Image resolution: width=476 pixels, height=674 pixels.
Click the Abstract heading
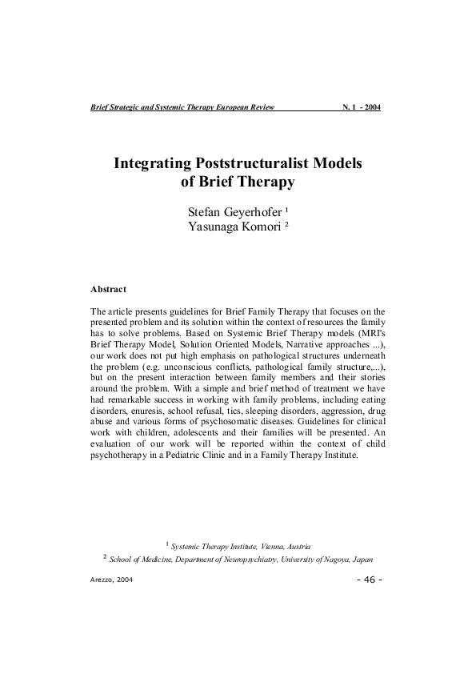[110, 288]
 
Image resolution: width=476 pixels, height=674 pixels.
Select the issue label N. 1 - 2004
[361, 107]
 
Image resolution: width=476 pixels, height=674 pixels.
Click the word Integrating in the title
[154, 162]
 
